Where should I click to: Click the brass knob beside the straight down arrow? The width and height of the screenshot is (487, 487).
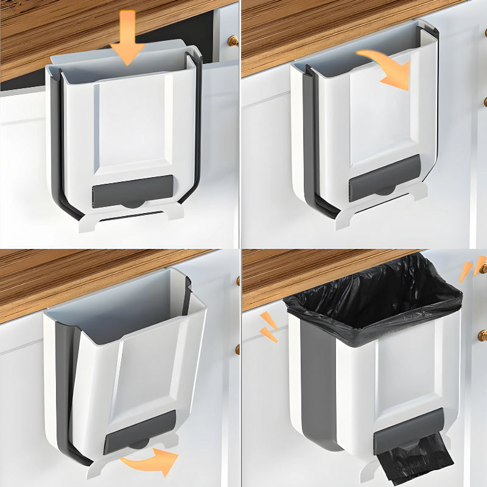click(233, 41)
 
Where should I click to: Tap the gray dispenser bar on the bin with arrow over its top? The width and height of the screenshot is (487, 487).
click(385, 177)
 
